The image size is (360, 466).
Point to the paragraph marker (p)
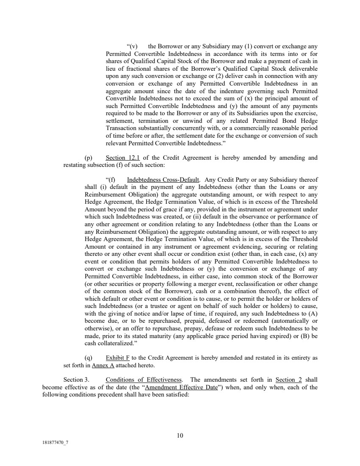89,158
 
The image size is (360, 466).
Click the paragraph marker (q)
89,358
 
